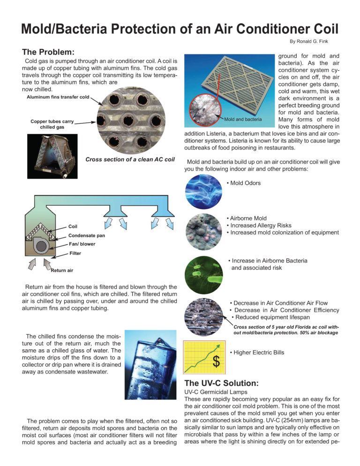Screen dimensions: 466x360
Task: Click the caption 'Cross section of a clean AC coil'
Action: pyautogui.click(x=130, y=159)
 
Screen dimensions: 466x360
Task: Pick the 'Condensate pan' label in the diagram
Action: pyautogui.click(x=87, y=235)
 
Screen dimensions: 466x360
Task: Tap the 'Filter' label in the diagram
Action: pyautogui.click(x=75, y=253)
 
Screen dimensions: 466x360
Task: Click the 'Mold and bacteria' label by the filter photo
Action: pyautogui.click(x=243, y=119)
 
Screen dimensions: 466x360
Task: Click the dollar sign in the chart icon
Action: pyautogui.click(x=217, y=361)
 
